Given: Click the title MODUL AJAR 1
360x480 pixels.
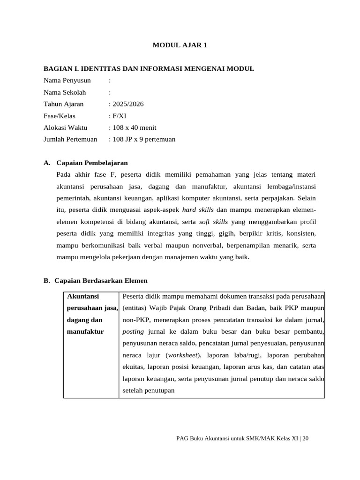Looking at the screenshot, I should [180, 45].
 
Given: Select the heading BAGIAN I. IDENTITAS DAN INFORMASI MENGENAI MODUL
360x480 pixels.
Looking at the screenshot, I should [149, 69].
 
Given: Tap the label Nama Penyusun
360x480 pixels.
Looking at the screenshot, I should [67, 81].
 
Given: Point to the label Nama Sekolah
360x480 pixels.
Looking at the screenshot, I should [65, 92].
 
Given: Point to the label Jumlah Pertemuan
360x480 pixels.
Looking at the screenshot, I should [70, 139].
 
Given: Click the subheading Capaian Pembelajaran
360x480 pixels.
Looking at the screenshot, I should [92, 163].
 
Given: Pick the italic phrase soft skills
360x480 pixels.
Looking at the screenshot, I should [213, 222].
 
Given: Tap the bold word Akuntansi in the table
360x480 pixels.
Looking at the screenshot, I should [83, 296].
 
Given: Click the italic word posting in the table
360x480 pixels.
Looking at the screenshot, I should [133, 331].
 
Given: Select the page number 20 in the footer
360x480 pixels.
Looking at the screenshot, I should [306, 438].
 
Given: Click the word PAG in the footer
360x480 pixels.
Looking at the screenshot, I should [182, 438].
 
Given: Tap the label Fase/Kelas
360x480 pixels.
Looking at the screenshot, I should [59, 116].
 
